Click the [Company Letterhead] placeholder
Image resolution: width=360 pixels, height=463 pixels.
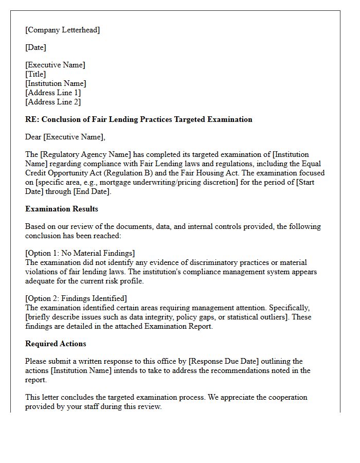click(63, 30)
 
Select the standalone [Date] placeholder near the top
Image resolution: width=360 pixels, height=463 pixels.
click(35, 47)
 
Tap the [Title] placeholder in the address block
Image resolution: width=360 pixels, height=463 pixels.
click(35, 74)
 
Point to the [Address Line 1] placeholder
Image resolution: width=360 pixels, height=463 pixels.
click(53, 93)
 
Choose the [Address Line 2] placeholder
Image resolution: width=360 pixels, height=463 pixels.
click(53, 102)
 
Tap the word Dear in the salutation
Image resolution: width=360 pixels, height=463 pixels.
click(33, 137)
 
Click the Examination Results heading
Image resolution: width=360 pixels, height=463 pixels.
click(62, 209)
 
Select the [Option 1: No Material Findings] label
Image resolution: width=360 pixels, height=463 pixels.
click(80, 253)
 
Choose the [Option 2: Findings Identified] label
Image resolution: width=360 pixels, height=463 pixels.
click(76, 298)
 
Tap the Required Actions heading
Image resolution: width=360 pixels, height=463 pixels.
click(56, 344)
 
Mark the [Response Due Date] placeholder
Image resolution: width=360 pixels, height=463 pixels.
click(230, 361)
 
